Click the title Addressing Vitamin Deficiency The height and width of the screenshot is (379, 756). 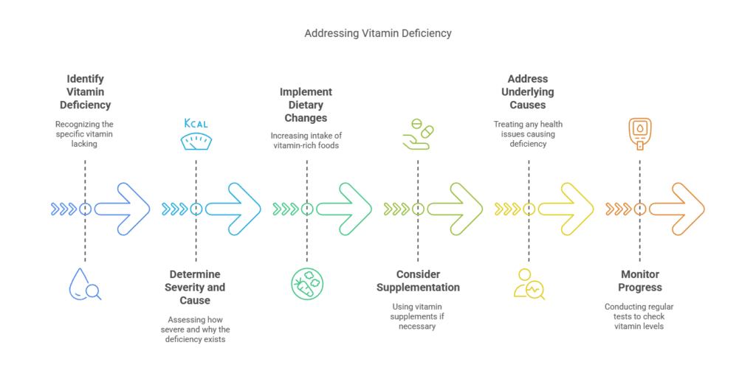coord(377,33)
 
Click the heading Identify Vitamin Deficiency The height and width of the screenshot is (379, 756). coord(85,91)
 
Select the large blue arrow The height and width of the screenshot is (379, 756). coord(123,209)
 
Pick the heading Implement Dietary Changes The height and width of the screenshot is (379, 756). coord(306,105)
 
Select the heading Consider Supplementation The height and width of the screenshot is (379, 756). coord(418,281)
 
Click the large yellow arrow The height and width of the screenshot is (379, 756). coord(566,209)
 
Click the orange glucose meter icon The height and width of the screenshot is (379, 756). coord(639,133)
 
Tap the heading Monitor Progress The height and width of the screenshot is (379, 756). coord(639,281)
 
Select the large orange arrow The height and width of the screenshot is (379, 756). coord(677,209)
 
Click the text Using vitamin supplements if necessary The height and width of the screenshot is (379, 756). coord(418,316)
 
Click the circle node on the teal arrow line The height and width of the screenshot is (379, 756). coord(196,209)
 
